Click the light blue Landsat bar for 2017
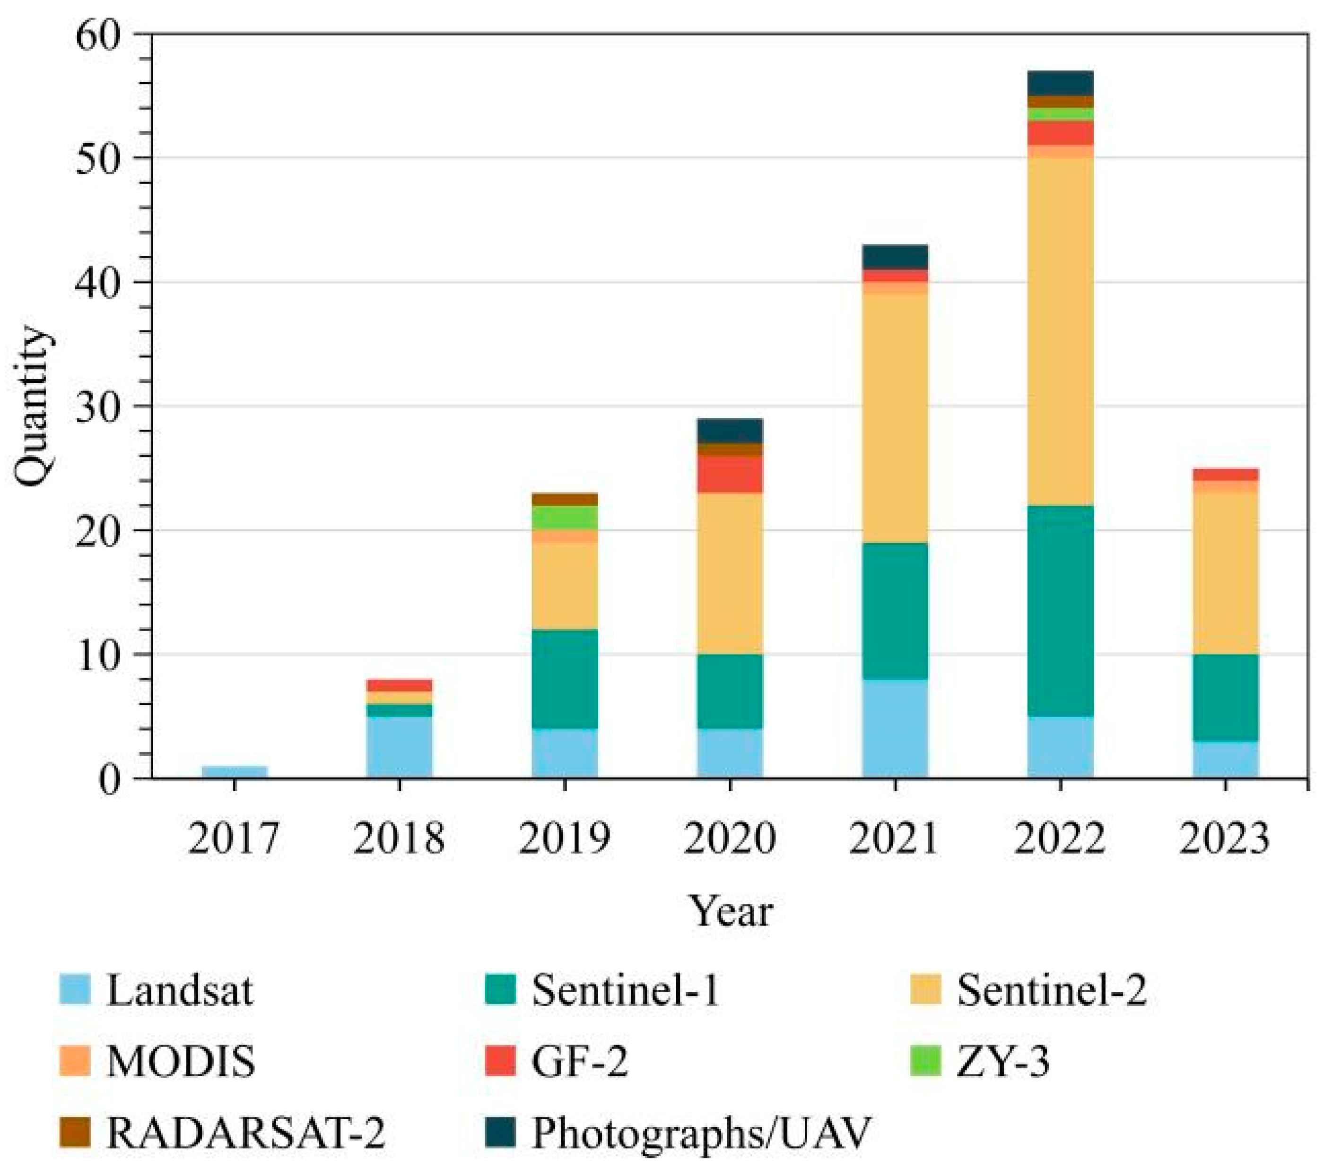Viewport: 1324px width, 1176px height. click(x=235, y=771)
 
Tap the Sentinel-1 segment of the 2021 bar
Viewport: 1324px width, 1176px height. click(x=895, y=611)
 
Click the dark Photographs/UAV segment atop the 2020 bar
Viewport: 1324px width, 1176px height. click(x=730, y=431)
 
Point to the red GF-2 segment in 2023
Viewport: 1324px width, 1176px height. click(x=1226, y=474)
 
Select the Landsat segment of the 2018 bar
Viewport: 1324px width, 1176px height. click(x=399, y=746)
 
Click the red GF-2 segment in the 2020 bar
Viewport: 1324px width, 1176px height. click(x=730, y=474)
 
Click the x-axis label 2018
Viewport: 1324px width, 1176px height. click(x=399, y=839)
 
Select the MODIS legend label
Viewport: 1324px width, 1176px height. click(x=182, y=1062)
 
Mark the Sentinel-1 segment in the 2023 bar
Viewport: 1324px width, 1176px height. click(x=1226, y=698)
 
